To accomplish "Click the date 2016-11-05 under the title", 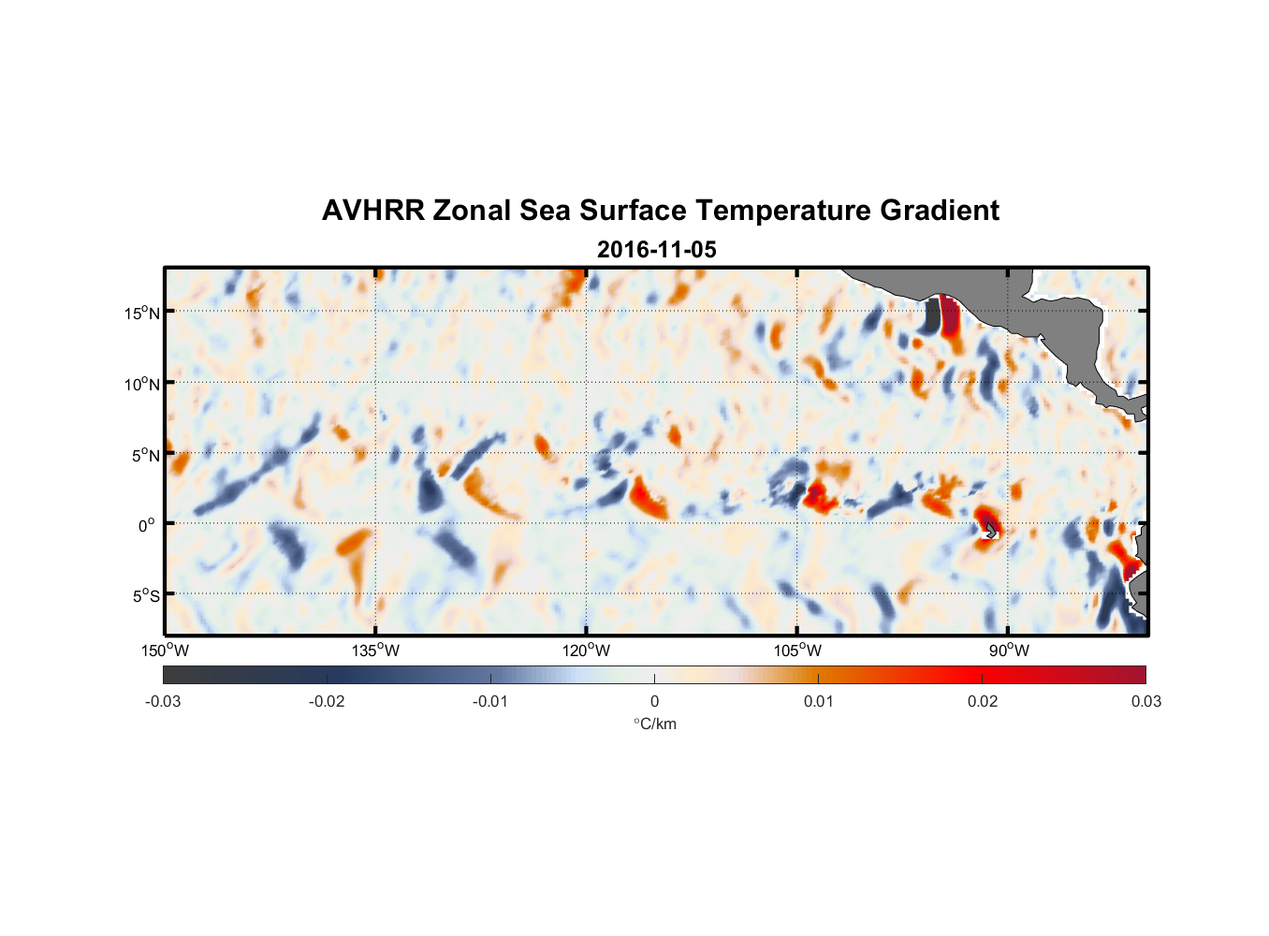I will point(656,250).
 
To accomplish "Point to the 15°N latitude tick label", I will point(142,313).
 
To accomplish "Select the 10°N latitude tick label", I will point(142,384).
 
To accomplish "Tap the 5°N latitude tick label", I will point(145,455).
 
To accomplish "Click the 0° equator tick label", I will point(147,525).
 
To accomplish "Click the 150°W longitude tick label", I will point(165,651).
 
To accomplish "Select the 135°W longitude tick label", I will point(376,651).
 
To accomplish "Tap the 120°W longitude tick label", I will point(587,651).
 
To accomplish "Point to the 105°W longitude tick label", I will point(797,651).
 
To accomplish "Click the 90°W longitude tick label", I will point(1009,651).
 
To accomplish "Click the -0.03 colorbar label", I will point(163,701).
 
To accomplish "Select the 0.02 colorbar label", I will point(983,701).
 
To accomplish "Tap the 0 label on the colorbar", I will point(654,701).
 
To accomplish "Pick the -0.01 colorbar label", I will point(490,701).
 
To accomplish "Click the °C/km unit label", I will point(654,724).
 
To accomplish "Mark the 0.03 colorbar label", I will point(1145,701).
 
